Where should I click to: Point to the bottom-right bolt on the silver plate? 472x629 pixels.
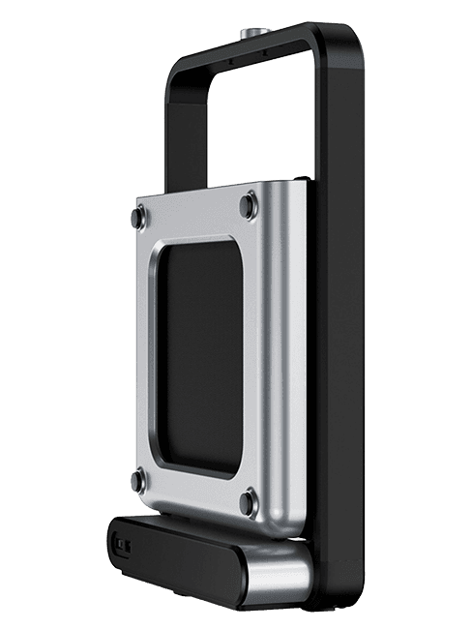pyautogui.click(x=251, y=501)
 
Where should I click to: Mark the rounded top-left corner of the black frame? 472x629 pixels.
pyautogui.click(x=180, y=68)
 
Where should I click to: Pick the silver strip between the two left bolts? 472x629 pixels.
pyautogui.click(x=146, y=348)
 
